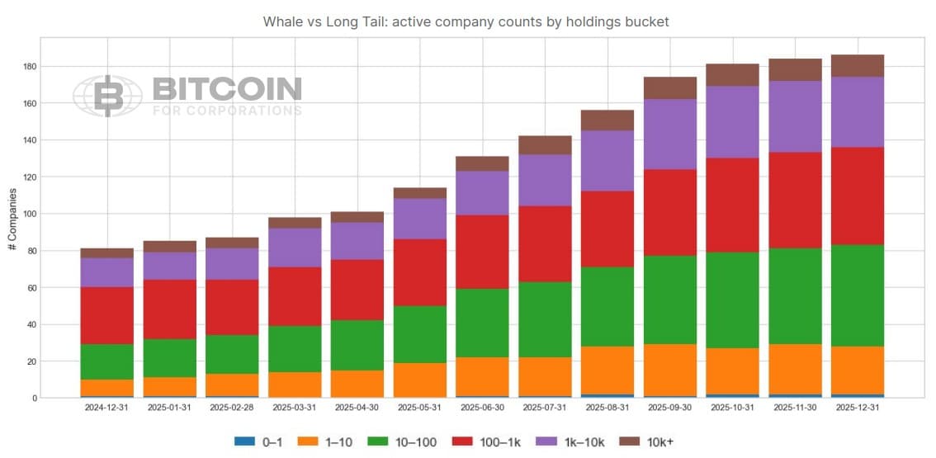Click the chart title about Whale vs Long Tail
coord(466,21)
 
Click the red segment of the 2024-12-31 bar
coord(107,315)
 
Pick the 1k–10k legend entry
coord(570,442)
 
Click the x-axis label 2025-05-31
coord(419,408)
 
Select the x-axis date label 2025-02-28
coord(232,408)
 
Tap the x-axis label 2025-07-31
coord(544,408)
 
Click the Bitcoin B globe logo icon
coord(107,96)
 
